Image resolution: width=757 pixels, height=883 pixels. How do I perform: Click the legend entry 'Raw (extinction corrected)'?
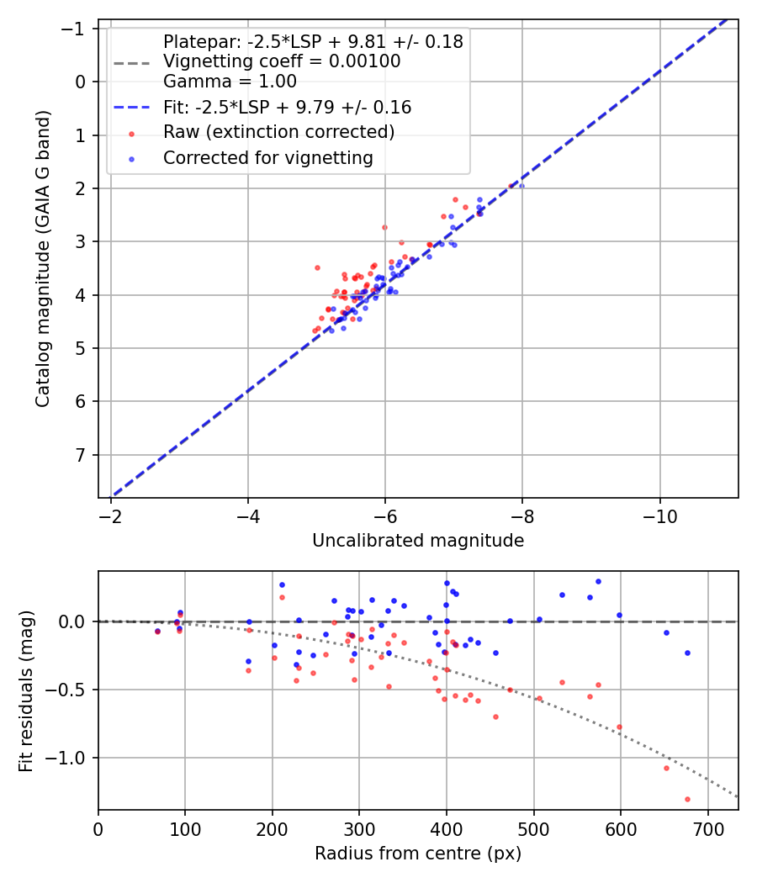(x=278, y=132)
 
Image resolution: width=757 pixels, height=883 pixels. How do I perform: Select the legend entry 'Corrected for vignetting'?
(x=267, y=157)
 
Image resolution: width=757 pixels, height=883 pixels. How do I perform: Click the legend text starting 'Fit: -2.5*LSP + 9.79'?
(x=287, y=108)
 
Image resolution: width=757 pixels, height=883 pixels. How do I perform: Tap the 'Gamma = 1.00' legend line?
(x=230, y=82)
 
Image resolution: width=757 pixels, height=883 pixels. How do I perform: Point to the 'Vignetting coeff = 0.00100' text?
(x=282, y=61)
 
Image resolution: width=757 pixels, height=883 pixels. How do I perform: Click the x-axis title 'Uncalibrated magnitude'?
(x=418, y=541)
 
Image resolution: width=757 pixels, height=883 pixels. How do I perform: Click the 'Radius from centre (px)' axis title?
(x=418, y=854)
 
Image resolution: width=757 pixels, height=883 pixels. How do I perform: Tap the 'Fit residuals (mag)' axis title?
(x=26, y=690)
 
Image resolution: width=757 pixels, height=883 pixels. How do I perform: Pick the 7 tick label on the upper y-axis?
(x=82, y=455)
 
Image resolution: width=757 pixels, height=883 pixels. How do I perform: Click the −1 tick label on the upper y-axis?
(x=77, y=29)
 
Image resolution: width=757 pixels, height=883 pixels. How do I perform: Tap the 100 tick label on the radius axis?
(x=185, y=827)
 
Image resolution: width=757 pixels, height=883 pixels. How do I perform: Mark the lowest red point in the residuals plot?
(x=687, y=799)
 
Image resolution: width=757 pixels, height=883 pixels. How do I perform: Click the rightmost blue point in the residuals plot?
(x=687, y=653)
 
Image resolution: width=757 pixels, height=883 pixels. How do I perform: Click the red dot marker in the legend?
(x=131, y=133)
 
